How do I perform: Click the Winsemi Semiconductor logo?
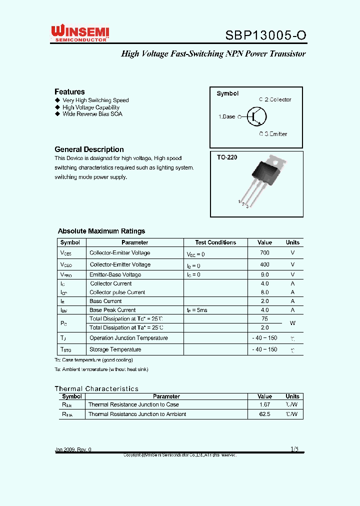tap(80, 33)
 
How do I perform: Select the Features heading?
tap(69, 91)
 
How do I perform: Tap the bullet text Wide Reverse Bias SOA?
tap(92, 114)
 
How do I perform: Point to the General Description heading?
tap(89, 149)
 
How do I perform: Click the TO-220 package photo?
tap(265, 182)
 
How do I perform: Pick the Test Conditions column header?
tap(215, 242)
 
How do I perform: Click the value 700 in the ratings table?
tap(264, 253)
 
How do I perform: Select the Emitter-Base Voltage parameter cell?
tap(115, 274)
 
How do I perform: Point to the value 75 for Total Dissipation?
tap(264, 318)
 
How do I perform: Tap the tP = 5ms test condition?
tap(197, 310)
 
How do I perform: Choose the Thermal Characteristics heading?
tap(96, 388)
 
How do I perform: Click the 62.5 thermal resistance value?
tap(264, 414)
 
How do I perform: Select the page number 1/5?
tap(294, 449)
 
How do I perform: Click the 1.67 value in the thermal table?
tap(264, 404)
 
